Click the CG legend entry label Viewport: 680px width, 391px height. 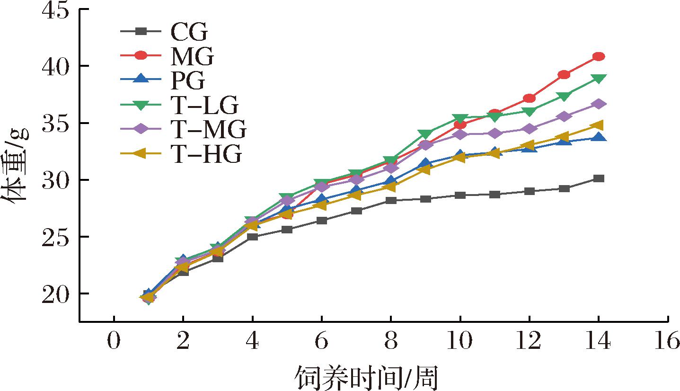tap(188, 33)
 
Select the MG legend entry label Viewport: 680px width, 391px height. tap(191, 57)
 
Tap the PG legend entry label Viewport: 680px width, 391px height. tap(187, 81)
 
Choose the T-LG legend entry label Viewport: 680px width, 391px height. tap(203, 106)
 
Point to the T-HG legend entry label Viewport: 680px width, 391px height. tap(205, 154)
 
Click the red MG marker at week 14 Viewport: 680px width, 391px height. tap(599, 57)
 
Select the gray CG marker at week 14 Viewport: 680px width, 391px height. tap(599, 178)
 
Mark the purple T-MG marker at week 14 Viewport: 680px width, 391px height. tap(599, 104)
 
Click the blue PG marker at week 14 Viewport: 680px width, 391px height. tap(599, 137)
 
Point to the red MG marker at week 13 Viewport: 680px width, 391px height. tap(564, 75)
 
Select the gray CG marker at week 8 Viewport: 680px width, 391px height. tap(391, 200)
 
